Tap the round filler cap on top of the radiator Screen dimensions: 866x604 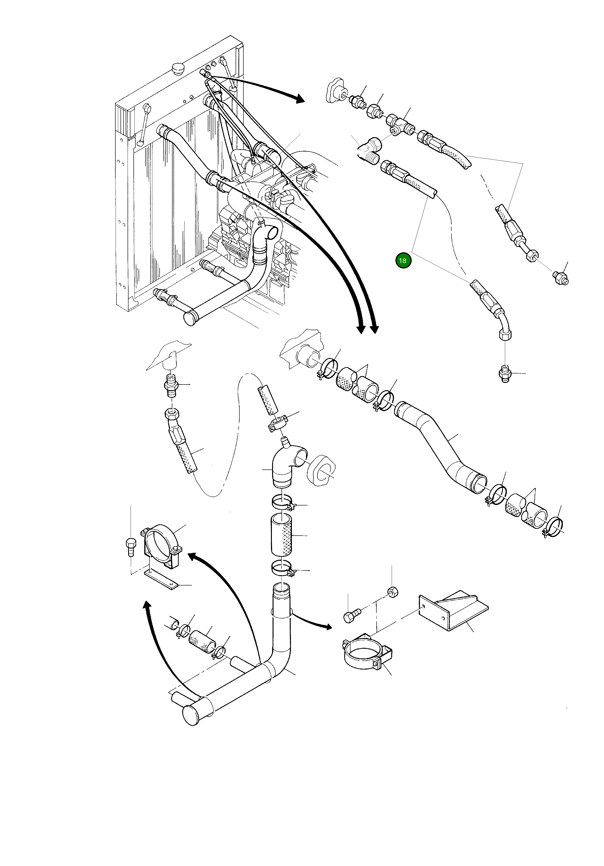[x=178, y=69]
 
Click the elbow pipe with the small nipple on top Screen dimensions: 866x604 [x=287, y=465]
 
